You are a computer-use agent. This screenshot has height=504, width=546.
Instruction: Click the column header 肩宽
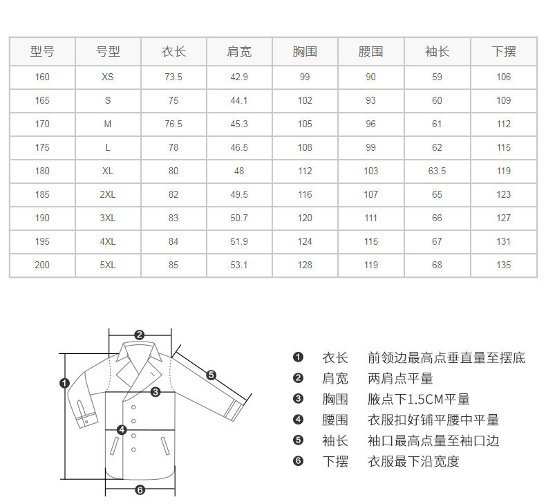(239, 51)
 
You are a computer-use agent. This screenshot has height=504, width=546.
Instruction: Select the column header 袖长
(437, 51)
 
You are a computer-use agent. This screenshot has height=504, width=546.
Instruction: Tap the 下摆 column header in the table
(503, 51)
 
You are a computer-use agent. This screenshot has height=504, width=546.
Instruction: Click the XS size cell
(108, 77)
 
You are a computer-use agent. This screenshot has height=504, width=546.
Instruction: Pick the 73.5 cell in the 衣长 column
(173, 77)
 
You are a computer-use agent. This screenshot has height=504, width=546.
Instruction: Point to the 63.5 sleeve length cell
(437, 171)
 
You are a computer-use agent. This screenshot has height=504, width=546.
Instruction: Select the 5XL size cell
(108, 265)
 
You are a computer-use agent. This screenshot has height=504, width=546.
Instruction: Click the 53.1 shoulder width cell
(239, 265)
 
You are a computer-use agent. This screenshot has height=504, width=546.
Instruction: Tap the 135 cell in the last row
(503, 265)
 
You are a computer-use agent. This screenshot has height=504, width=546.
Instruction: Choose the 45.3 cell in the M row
(239, 124)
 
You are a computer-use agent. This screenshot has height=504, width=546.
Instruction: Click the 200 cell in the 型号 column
(42, 265)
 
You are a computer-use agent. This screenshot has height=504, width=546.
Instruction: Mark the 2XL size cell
(108, 194)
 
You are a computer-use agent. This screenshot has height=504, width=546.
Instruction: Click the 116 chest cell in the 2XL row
(305, 194)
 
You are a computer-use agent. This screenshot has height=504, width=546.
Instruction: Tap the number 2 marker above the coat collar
(139, 335)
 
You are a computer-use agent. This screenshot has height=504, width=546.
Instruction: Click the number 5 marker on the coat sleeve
(211, 375)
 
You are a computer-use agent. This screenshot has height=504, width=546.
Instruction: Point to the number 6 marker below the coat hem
(140, 489)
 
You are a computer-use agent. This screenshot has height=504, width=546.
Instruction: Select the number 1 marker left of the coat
(65, 382)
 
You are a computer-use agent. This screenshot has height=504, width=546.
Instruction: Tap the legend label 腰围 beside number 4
(335, 420)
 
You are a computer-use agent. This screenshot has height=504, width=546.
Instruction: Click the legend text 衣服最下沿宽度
(413, 461)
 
